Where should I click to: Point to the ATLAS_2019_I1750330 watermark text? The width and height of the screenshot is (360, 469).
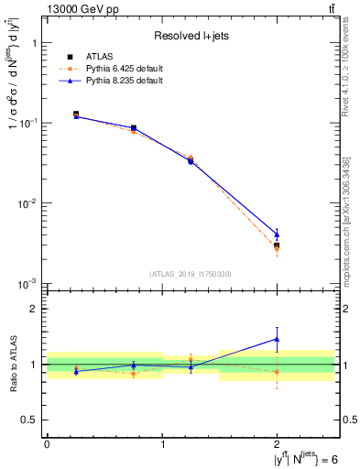click(191, 274)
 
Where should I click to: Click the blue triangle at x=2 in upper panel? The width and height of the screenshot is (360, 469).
click(277, 234)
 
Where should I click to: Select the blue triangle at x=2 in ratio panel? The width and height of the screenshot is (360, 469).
click(277, 339)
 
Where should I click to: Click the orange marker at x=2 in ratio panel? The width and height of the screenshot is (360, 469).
click(277, 371)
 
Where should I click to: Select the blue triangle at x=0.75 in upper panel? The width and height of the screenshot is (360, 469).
click(134, 128)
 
